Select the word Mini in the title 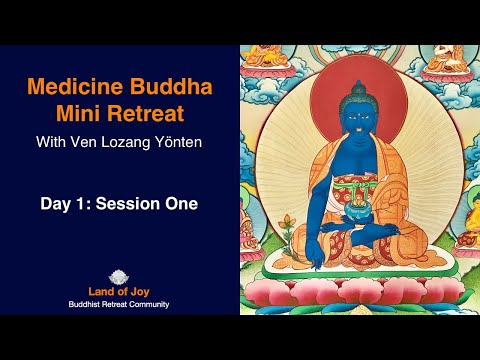point(93,116)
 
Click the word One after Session point(181,204)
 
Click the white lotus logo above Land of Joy point(125,274)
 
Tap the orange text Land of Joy point(125,290)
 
